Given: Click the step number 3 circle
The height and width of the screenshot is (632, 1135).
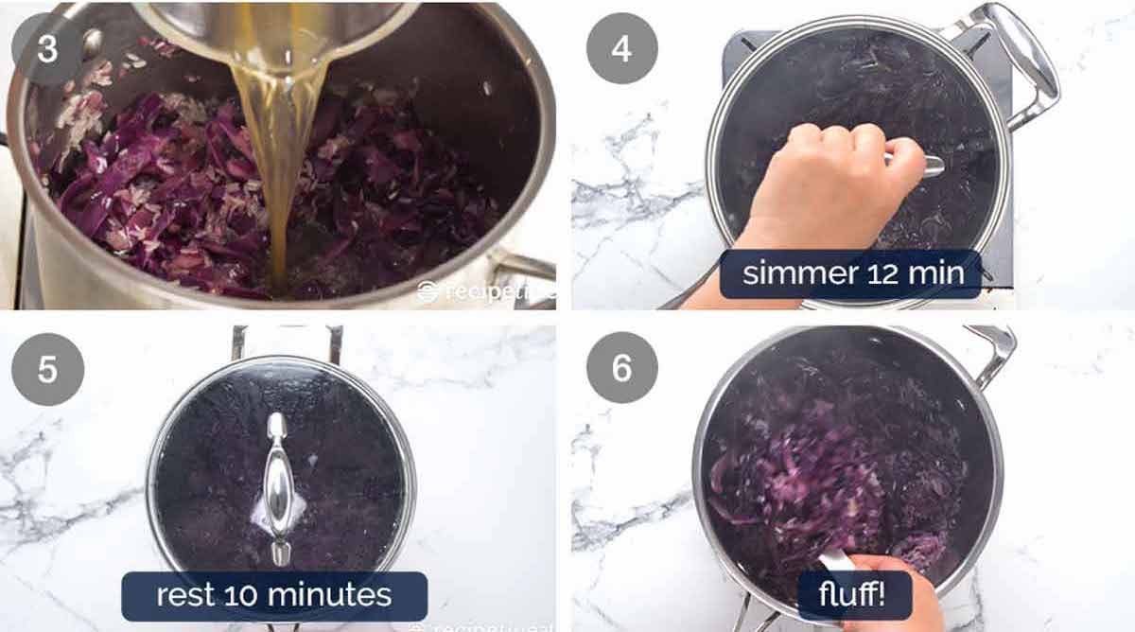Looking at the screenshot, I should pos(47,47).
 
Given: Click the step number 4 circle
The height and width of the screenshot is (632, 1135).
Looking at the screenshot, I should pos(620,48).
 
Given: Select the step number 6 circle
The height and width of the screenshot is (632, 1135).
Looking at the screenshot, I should pos(620,367).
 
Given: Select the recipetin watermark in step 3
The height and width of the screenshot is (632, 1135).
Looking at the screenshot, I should pos(482,291).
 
